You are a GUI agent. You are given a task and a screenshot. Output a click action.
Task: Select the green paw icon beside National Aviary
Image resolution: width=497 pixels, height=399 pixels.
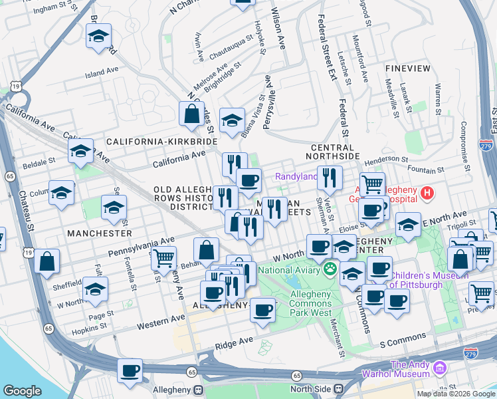click(330, 269)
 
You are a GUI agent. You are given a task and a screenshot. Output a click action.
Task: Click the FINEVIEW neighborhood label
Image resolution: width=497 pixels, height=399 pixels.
click(407, 68)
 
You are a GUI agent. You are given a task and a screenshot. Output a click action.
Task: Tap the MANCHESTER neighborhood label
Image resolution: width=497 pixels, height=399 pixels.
click(99, 233)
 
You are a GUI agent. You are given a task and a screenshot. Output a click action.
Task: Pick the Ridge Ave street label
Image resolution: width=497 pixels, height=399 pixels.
click(234, 341)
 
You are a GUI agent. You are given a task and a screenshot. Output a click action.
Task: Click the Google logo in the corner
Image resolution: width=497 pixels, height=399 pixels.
click(22, 391)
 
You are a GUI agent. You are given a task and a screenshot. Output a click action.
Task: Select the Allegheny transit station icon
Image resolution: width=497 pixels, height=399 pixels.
click(197, 389)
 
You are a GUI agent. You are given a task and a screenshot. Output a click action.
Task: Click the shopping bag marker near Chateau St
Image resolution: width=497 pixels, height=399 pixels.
click(48, 261)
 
